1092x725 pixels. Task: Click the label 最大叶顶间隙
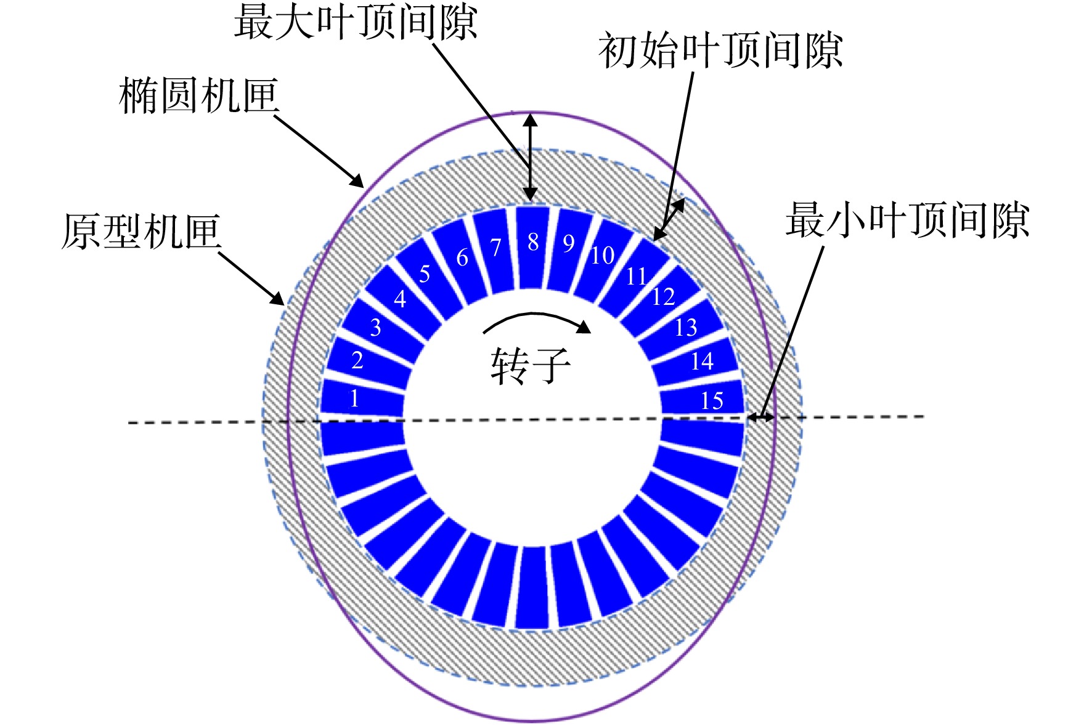(356, 23)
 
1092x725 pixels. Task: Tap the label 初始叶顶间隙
(720, 51)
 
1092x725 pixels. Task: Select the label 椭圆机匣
(198, 96)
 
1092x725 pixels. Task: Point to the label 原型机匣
(141, 232)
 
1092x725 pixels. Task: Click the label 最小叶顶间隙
(907, 220)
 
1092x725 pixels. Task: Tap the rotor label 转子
(531, 366)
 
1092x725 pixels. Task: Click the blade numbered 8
(532, 248)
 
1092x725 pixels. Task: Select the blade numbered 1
(362, 398)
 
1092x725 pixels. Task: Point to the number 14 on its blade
(702, 361)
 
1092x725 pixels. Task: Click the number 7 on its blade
(495, 248)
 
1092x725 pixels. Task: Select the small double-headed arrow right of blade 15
(761, 417)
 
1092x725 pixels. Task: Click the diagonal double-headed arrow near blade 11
(669, 219)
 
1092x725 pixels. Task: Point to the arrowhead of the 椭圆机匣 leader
(358, 181)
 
